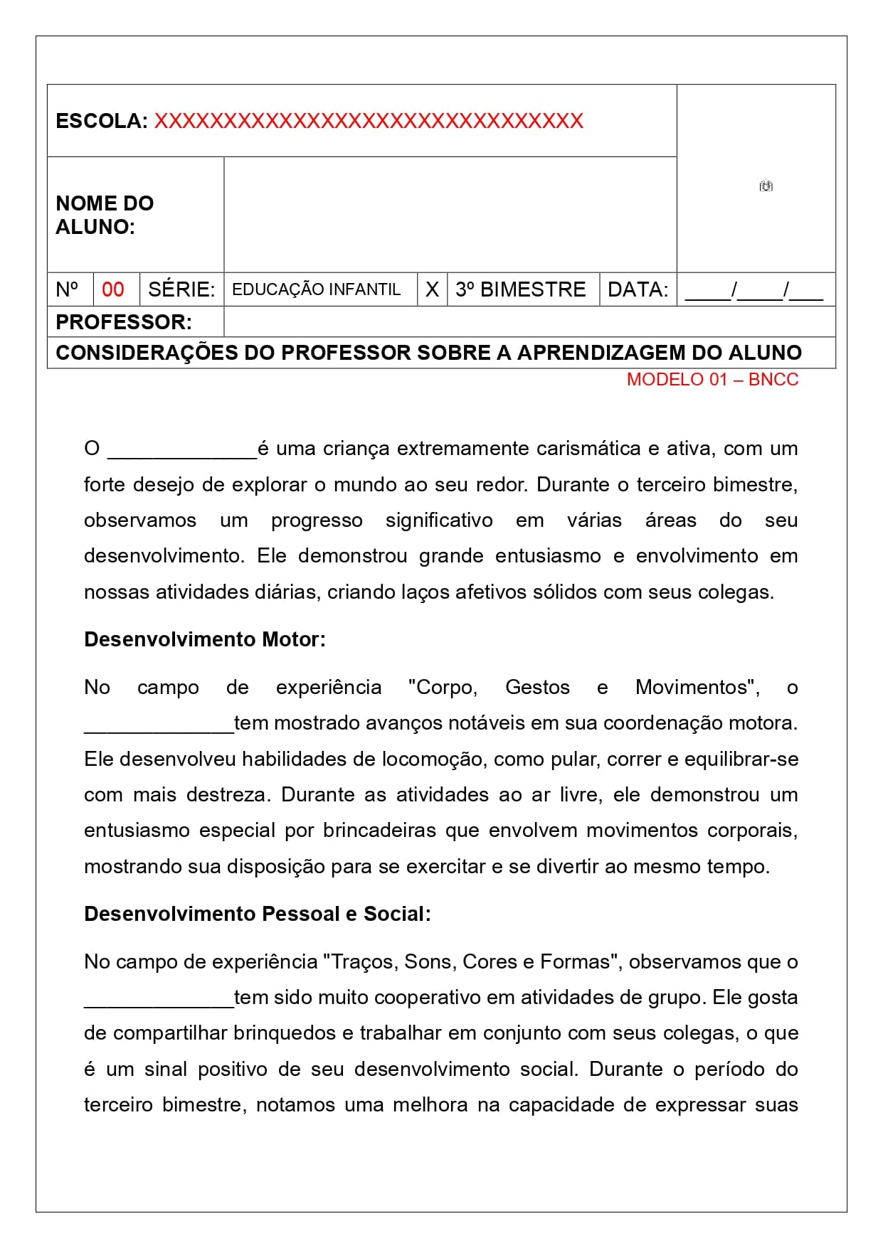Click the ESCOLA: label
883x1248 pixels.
pos(102,121)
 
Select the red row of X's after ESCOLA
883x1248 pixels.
pos(369,121)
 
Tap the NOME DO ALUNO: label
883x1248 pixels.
pos(105,215)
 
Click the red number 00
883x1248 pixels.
pos(113,289)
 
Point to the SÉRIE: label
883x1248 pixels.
pos(181,289)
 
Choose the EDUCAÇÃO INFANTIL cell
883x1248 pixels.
pos(317,289)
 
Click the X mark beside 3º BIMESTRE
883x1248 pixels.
pos(432,289)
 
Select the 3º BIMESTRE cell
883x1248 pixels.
pos(520,289)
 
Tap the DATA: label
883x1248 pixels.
pos(638,289)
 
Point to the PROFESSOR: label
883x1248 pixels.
pos(124,322)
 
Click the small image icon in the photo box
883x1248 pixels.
pos(766,186)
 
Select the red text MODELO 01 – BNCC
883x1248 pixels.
pos(712,380)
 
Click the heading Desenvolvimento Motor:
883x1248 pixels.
pos(205,639)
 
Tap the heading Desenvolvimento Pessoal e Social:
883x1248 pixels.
pos(258,914)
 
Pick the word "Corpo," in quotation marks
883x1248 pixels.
pos(443,687)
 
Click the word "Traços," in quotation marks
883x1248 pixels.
pos(360,961)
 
